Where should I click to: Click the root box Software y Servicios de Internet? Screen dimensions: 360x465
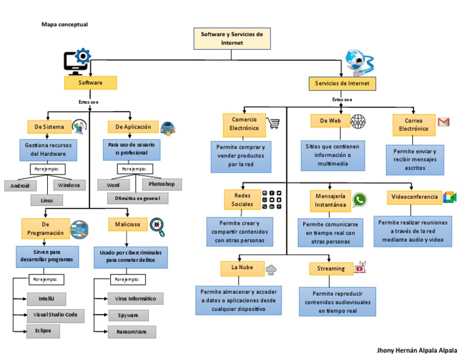click(232, 39)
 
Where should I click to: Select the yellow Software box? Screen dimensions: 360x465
click(90, 82)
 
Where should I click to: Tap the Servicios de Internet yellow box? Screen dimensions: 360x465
click(342, 83)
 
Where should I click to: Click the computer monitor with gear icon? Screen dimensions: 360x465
click(77, 62)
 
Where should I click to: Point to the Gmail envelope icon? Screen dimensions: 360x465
click(444, 122)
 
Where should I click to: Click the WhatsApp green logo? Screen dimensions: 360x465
click(360, 199)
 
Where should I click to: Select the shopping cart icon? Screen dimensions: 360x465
click(274, 123)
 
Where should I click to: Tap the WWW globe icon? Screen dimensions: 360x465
click(358, 121)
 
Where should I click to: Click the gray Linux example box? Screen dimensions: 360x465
click(47, 200)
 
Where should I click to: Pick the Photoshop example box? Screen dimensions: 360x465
click(162, 184)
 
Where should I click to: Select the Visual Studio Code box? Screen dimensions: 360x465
click(56, 315)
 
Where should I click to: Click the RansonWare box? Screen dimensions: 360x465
click(131, 332)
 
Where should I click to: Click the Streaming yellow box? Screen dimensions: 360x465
click(331, 268)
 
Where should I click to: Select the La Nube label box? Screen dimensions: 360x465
click(242, 267)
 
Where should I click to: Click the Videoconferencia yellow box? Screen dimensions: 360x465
click(414, 198)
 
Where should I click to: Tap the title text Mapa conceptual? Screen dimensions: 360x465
click(65, 24)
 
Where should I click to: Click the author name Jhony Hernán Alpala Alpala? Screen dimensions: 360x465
click(417, 350)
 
